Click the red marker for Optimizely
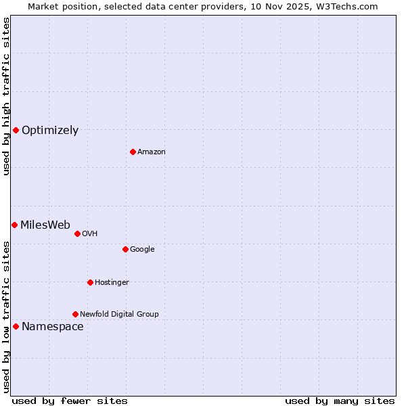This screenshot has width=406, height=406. (16, 130)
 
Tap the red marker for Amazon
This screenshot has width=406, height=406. (133, 152)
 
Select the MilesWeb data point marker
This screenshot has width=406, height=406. (14, 225)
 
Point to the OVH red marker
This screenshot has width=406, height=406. (77, 233)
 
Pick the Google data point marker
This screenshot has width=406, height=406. (125, 249)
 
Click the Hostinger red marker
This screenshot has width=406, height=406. (90, 282)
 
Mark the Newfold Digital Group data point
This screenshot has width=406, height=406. (75, 314)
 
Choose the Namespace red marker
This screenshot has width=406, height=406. (16, 326)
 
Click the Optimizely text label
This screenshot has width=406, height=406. (50, 131)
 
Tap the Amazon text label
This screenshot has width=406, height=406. (152, 152)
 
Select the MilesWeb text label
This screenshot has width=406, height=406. (45, 225)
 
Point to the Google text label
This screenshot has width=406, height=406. (142, 250)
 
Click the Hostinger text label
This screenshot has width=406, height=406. (112, 283)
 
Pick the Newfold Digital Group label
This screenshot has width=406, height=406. (119, 315)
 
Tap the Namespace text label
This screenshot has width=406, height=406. (53, 327)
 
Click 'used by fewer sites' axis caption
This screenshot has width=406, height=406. (70, 401)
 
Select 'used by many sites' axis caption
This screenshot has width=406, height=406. (340, 401)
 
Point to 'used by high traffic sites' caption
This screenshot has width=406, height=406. (6, 96)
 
